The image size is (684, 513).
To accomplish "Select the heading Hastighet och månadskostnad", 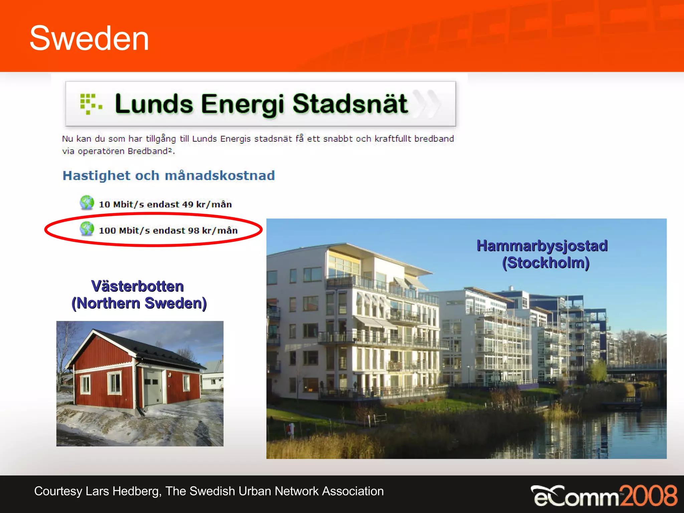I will coord(169,176).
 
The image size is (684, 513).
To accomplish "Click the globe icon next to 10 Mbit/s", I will coord(87,203).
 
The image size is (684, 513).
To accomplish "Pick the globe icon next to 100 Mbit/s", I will coord(87,229).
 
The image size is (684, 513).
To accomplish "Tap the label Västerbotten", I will coord(138,286).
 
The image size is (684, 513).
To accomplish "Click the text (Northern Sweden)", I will coord(139,303).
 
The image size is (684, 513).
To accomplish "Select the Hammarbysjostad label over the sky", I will coord(542,246).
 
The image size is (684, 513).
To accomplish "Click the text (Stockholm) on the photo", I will coord(546,263).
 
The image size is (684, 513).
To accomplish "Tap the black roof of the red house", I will coord(157,351).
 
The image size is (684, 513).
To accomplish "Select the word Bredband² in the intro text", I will coord(150,151).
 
